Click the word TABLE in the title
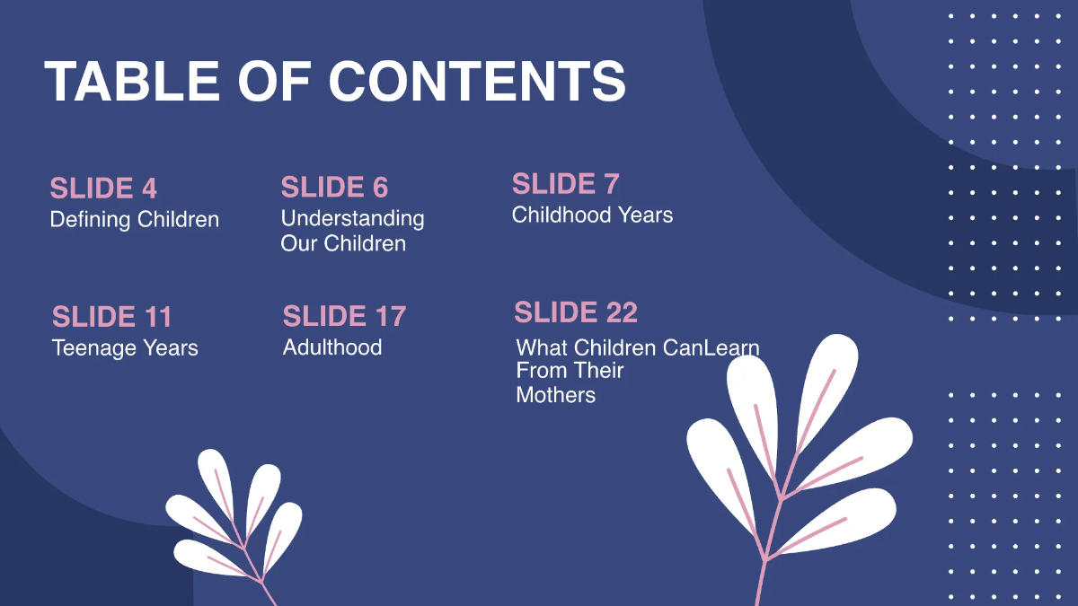(x=131, y=82)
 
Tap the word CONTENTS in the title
(x=477, y=82)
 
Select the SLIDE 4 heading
(x=103, y=189)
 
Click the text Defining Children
(x=135, y=220)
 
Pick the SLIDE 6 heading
(x=334, y=188)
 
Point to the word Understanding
(x=352, y=218)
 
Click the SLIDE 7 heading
(x=565, y=184)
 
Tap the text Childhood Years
(x=592, y=215)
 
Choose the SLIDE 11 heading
(x=111, y=317)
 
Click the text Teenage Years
(x=125, y=347)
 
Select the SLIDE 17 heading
(x=344, y=316)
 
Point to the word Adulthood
(x=332, y=347)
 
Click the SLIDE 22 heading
(x=576, y=312)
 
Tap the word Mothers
(x=555, y=395)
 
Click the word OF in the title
(x=273, y=82)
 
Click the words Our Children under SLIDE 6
(x=343, y=243)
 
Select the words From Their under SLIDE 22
(x=570, y=371)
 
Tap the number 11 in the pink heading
(x=156, y=317)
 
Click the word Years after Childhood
(x=645, y=215)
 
